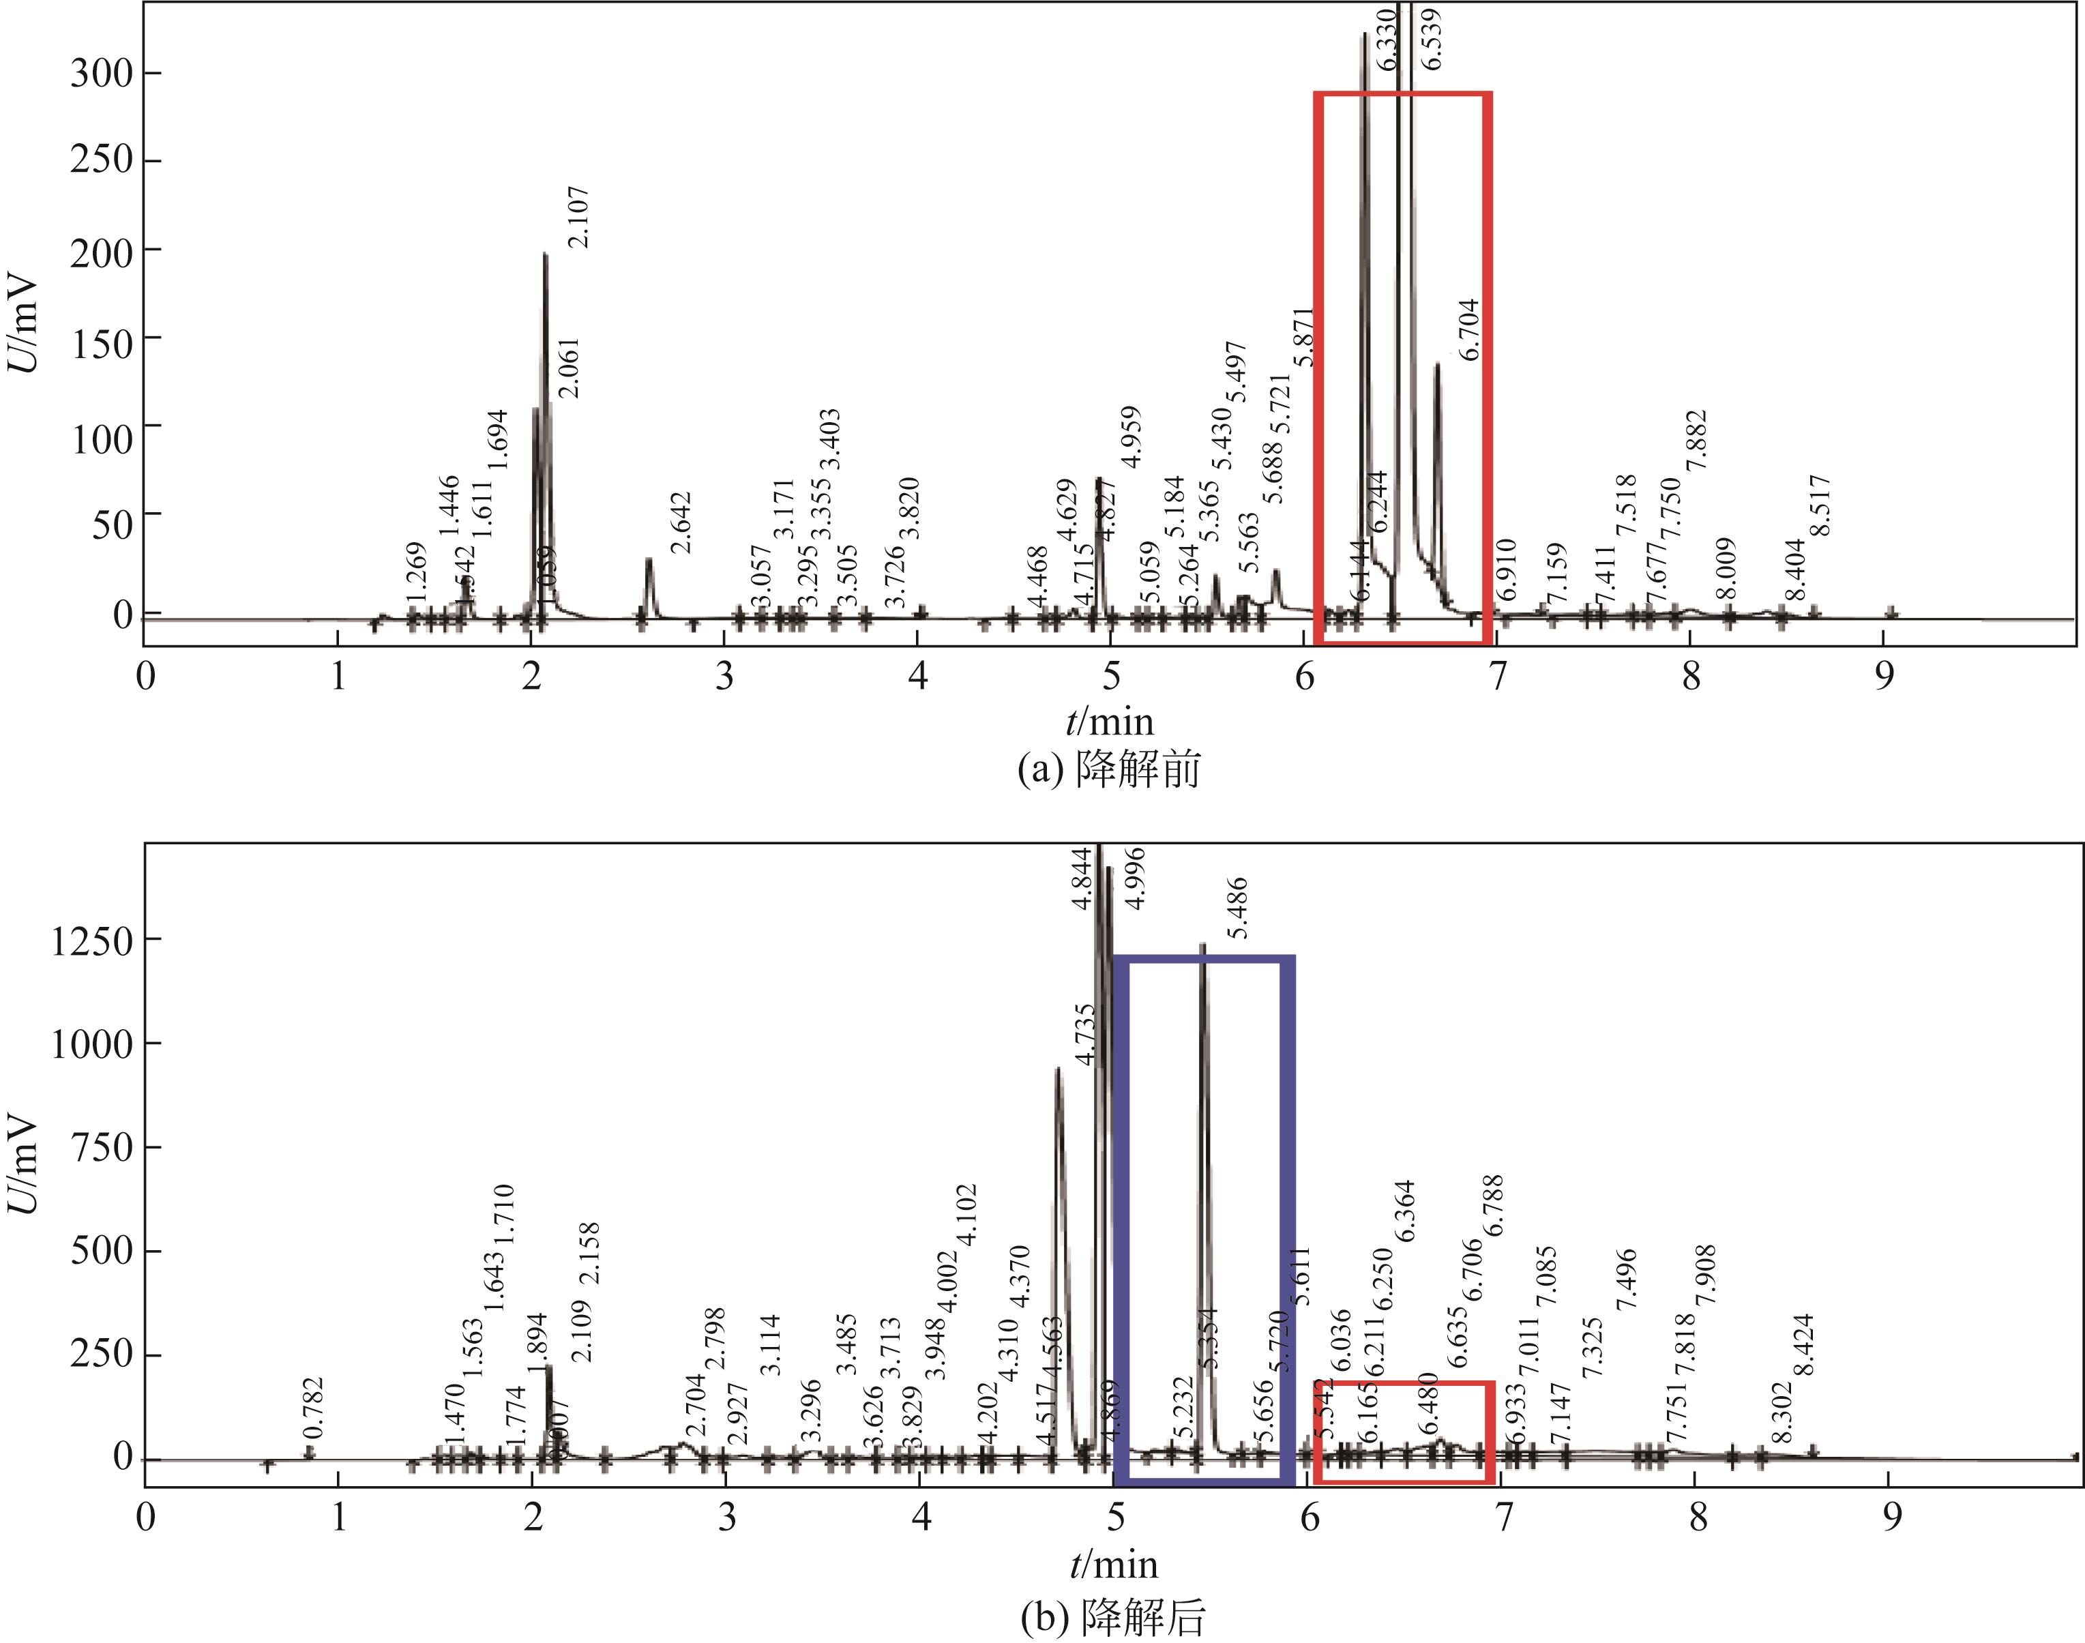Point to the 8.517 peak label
coord(1820,506)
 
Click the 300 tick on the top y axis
coord(101,73)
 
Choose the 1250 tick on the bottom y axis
coord(91,941)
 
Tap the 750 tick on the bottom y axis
coord(101,1148)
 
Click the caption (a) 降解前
coord(1109,769)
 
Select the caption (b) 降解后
coord(1112,1618)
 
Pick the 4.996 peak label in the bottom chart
coord(1135,877)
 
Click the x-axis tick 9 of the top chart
coord(1884,677)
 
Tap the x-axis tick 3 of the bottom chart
coord(726,1517)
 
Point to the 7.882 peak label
coord(1696,440)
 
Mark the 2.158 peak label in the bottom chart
coord(589,1252)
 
